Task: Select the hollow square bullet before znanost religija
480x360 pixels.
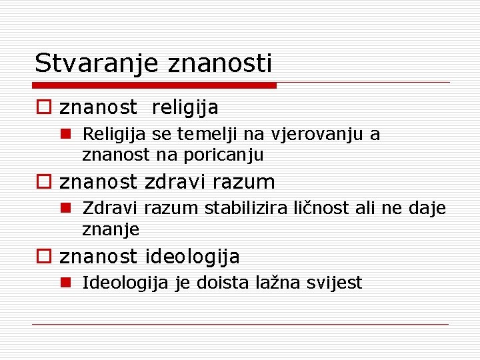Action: (43, 107)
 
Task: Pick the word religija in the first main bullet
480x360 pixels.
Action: (185, 107)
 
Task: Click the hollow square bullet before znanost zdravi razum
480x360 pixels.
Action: (43, 182)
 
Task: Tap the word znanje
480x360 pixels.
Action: (111, 230)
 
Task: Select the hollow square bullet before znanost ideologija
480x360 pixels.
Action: (43, 257)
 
